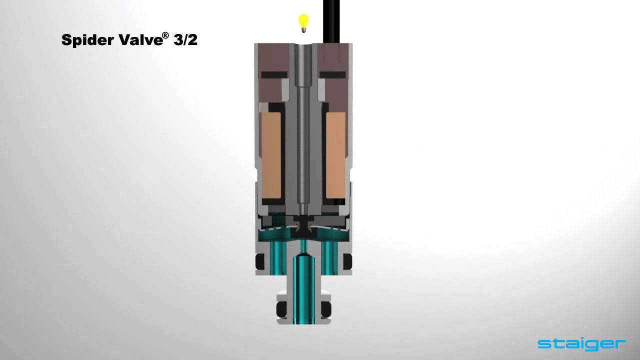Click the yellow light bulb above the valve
pos(303,22)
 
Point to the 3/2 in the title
pos(185,40)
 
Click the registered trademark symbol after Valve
pos(165,35)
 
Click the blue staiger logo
pos(581,343)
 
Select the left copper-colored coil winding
pos(270,155)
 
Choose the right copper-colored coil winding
pos(336,155)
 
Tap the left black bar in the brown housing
pos(274,74)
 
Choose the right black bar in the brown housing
pos(332,74)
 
